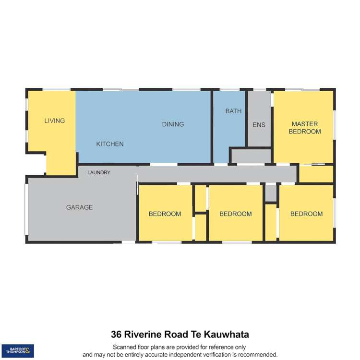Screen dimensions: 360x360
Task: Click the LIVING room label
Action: pyautogui.click(x=54, y=120)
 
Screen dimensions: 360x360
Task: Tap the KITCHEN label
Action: pyautogui.click(x=110, y=144)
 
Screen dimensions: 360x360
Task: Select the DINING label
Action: pyautogui.click(x=173, y=124)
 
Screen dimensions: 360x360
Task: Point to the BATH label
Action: pyautogui.click(x=233, y=111)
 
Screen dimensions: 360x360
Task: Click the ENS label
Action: pyautogui.click(x=259, y=125)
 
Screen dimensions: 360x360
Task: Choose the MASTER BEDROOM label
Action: pyautogui.click(x=304, y=128)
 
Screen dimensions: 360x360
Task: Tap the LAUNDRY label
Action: pyautogui.click(x=99, y=172)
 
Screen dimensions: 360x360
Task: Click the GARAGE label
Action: pyautogui.click(x=79, y=207)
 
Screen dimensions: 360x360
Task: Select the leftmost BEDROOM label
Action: pyautogui.click(x=165, y=214)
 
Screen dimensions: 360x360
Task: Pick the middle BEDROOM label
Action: pyautogui.click(x=235, y=214)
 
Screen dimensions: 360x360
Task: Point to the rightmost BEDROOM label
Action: pyautogui.click(x=306, y=214)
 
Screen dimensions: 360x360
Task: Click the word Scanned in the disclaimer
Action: pyautogui.click(x=125, y=347)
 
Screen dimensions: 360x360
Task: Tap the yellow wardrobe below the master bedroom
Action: pyautogui.click(x=316, y=174)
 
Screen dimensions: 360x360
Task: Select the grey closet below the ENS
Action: pyautogui.click(x=251, y=156)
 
